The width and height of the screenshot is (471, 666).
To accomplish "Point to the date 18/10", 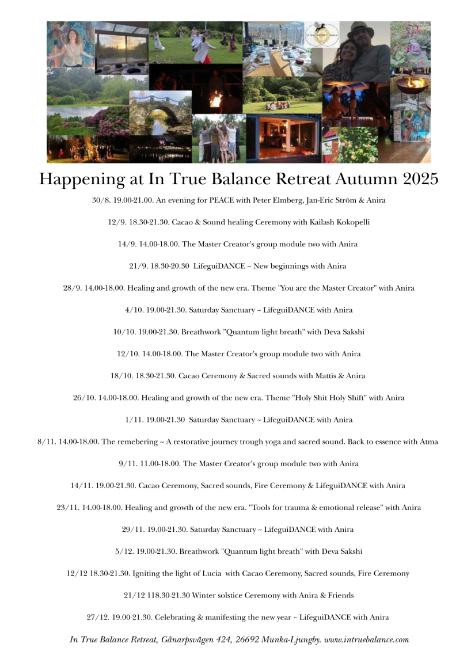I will tap(121, 376).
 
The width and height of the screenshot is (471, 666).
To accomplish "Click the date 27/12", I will tap(97, 618).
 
